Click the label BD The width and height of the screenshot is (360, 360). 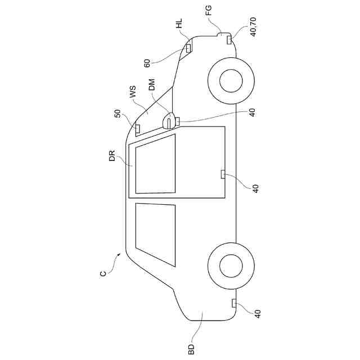[x=192, y=349]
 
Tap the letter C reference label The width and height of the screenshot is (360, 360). [x=103, y=274]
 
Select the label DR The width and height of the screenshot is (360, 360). [x=112, y=156]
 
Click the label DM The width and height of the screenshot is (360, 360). [x=151, y=85]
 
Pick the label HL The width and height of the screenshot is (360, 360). [x=179, y=24]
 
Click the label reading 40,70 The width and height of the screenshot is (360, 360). [x=253, y=26]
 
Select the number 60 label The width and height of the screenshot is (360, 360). [x=147, y=62]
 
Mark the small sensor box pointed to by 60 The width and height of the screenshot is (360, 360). [x=188, y=48]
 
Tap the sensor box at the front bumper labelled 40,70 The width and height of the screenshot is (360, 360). [x=229, y=39]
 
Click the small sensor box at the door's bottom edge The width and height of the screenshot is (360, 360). [x=223, y=173]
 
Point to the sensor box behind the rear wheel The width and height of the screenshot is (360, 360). [x=233, y=304]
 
